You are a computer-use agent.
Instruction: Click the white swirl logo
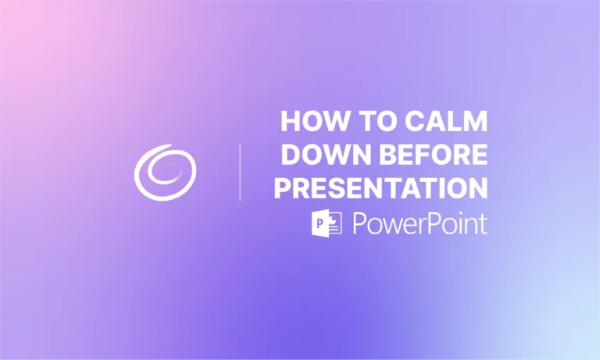(x=165, y=171)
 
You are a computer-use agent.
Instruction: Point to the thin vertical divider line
(x=240, y=172)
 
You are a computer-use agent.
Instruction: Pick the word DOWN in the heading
(x=319, y=155)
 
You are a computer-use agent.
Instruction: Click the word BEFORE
(x=427, y=155)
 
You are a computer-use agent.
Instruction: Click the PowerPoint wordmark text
(x=420, y=223)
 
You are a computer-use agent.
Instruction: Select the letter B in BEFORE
(x=377, y=155)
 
